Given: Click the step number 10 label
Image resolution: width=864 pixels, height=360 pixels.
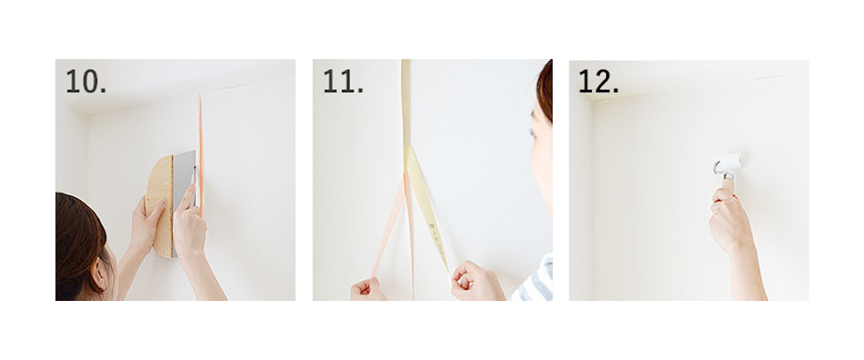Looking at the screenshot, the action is click(x=86, y=81).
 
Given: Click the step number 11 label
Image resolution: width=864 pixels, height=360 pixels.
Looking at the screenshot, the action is click(x=343, y=81).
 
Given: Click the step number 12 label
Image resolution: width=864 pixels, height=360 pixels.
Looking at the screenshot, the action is click(x=598, y=81).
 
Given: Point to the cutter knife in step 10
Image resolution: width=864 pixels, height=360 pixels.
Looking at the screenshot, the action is click(x=195, y=189).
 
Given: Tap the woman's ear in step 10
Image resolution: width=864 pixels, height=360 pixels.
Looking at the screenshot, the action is click(x=102, y=275).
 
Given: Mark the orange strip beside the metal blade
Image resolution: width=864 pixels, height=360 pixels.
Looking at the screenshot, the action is click(x=201, y=154).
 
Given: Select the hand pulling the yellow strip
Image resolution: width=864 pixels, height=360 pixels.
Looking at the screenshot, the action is click(x=477, y=281).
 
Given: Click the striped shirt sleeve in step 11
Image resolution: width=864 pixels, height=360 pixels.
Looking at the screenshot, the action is click(x=534, y=280).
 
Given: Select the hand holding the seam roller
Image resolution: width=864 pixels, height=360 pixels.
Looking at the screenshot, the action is click(x=729, y=220).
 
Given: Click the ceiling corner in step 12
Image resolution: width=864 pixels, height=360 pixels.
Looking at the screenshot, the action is click(x=593, y=100).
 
